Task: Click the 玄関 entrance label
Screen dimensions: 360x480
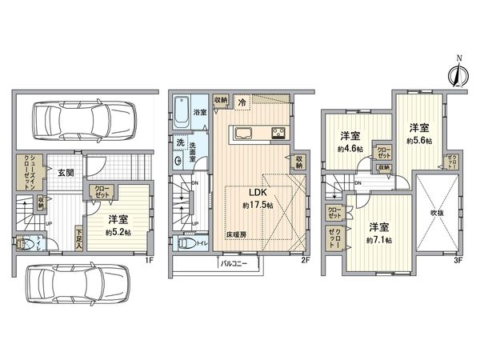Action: pyautogui.click(x=66, y=170)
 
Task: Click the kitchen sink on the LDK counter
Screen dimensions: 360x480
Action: pyautogui.click(x=244, y=134)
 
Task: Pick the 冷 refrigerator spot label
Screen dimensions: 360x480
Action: pyautogui.click(x=243, y=102)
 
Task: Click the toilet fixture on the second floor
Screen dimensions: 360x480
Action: pyautogui.click(x=185, y=244)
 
